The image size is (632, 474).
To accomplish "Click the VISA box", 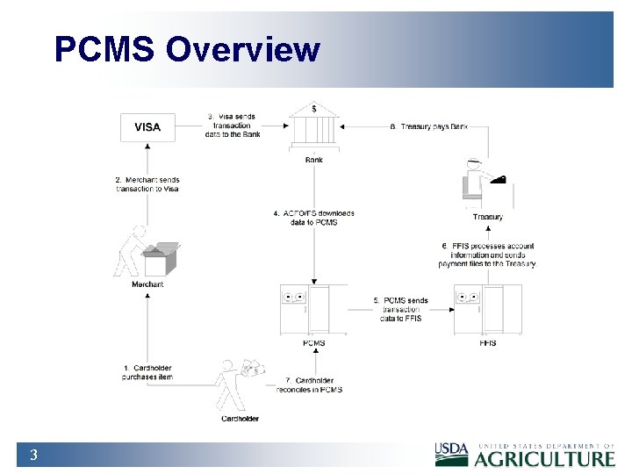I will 147,127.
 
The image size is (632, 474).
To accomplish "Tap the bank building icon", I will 313,132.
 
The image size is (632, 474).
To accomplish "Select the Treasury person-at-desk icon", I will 486,185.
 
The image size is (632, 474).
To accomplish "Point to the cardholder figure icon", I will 239,386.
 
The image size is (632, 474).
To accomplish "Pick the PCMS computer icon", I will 313,309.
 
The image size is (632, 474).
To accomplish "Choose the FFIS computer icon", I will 488,309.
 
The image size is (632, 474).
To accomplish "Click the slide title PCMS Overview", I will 187,49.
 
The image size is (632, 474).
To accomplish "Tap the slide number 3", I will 32,455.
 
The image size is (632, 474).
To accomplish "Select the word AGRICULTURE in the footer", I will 545,458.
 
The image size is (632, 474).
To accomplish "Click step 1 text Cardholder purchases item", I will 147,372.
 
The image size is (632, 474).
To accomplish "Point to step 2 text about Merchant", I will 147,184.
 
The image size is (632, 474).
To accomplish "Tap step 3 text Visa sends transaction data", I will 233,126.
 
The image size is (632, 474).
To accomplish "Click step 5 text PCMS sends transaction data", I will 401,309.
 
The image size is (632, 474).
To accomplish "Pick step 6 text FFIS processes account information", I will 488,255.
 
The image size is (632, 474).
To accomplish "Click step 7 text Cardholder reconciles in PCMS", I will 307,384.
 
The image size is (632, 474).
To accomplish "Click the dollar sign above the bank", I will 313,107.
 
